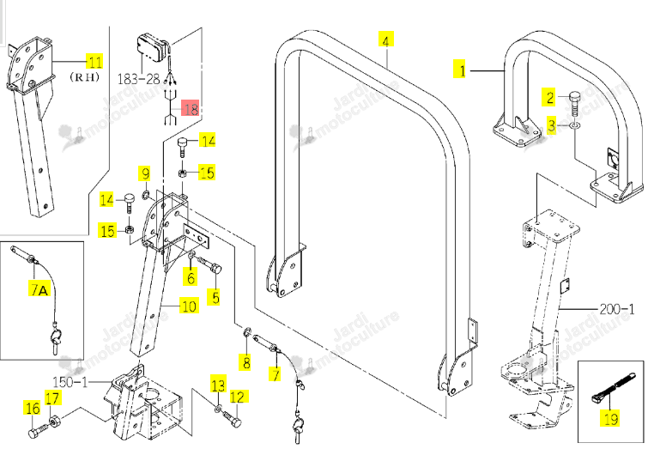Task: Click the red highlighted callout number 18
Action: [x=191, y=109]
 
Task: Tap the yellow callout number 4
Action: [x=386, y=41]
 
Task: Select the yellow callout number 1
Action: [x=460, y=69]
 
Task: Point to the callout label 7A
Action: [x=39, y=288]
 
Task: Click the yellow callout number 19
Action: [x=610, y=418]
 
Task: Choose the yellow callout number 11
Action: [x=95, y=62]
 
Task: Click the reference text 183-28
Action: [x=138, y=78]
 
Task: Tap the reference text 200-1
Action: [x=617, y=309]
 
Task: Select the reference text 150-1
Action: [x=70, y=382]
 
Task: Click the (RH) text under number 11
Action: [x=84, y=76]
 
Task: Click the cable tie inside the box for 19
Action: [x=613, y=387]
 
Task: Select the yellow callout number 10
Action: [x=189, y=306]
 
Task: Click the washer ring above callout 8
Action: [x=247, y=332]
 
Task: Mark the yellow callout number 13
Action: [x=218, y=385]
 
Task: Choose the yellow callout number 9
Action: [x=145, y=173]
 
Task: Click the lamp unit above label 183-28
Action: [x=153, y=47]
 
